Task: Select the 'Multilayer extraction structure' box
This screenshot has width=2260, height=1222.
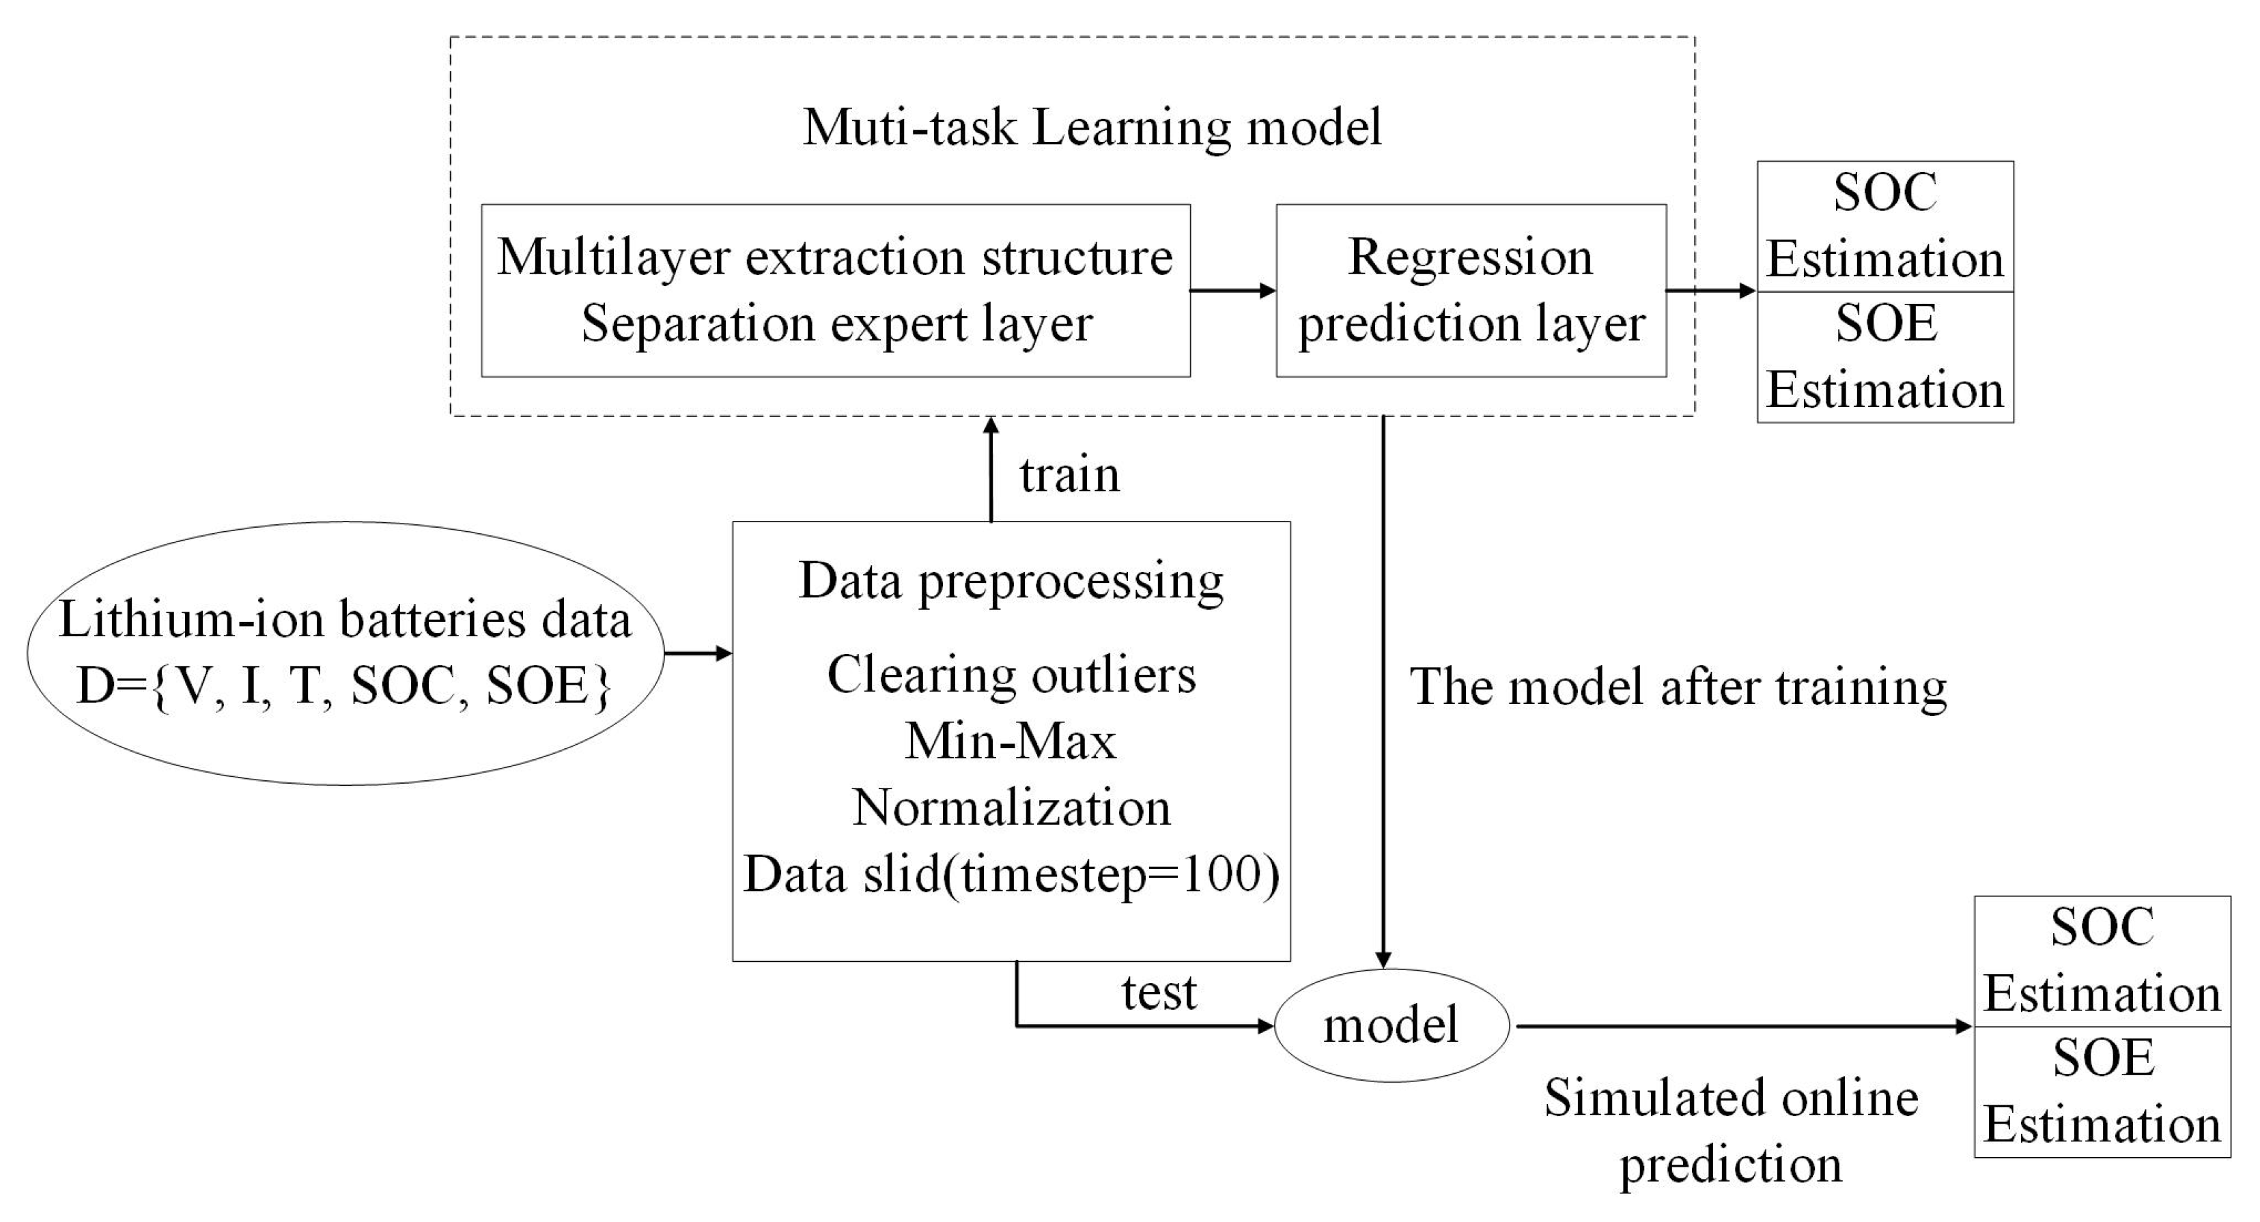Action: (x=834, y=290)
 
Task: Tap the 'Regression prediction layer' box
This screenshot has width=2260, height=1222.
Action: (x=1471, y=290)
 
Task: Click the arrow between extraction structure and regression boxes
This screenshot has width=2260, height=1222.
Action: (x=1232, y=290)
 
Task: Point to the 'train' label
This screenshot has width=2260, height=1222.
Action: (x=1069, y=474)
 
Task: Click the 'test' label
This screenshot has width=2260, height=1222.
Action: (x=1158, y=992)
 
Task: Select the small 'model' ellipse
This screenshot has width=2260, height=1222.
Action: (x=1391, y=1025)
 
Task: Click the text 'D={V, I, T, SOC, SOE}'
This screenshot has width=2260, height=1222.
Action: (x=344, y=686)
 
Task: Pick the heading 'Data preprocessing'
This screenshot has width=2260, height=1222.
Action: (x=1011, y=581)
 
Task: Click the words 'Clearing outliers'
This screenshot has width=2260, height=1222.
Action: (x=1011, y=675)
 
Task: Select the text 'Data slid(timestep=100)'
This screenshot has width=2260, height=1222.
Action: (x=1011, y=875)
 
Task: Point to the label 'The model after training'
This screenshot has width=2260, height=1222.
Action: (x=1678, y=686)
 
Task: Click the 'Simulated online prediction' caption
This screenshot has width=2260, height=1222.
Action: (x=1730, y=1131)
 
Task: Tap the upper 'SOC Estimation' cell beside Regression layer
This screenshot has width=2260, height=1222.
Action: (x=1884, y=227)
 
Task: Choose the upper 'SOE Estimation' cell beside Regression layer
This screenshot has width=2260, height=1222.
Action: (x=1884, y=357)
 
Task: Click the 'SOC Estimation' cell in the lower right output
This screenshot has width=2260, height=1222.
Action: (x=2102, y=961)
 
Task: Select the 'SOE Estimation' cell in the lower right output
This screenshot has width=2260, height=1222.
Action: (x=2102, y=1092)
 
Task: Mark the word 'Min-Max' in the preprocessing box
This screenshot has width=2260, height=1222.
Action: (x=1011, y=741)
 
